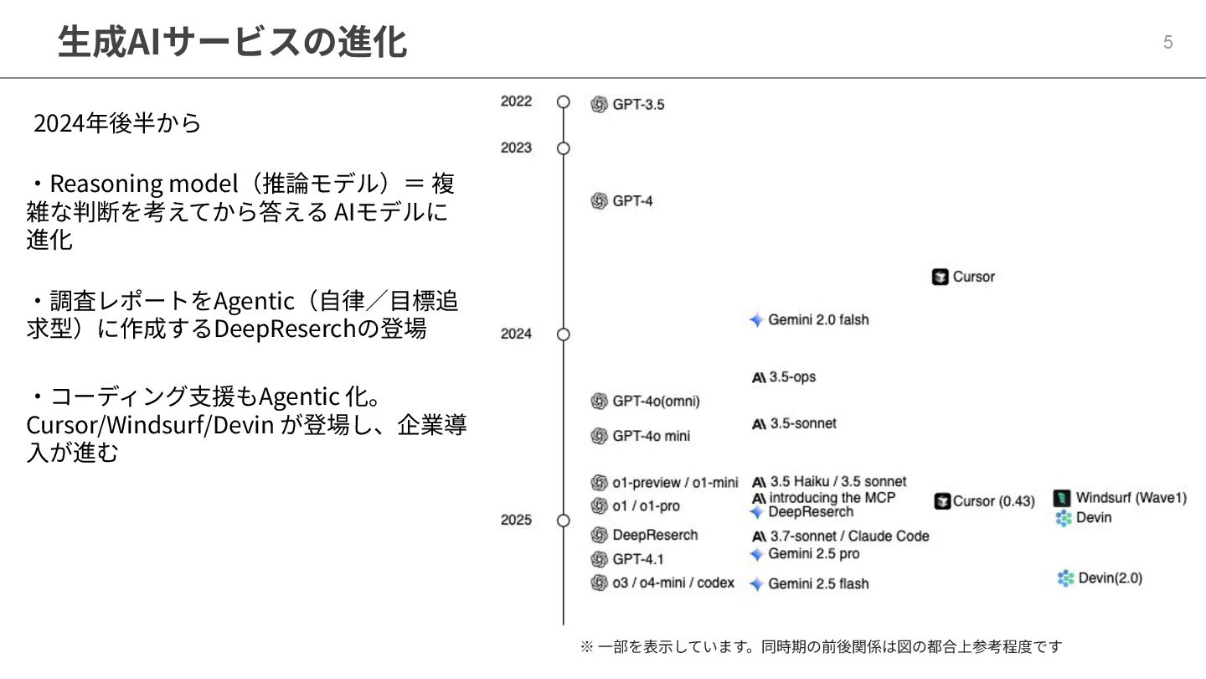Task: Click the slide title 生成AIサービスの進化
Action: click(x=232, y=42)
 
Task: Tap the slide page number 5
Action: click(x=1167, y=43)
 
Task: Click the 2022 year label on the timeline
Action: click(x=516, y=101)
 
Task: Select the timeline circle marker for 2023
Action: click(x=564, y=148)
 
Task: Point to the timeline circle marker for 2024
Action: click(x=564, y=334)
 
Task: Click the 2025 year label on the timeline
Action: click(x=516, y=520)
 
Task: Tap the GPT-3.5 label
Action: click(x=638, y=105)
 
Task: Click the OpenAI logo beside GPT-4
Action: click(x=599, y=201)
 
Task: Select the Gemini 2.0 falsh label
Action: click(x=818, y=320)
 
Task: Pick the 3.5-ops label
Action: click(x=792, y=377)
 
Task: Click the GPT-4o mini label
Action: click(x=652, y=436)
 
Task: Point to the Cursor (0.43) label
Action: click(x=994, y=501)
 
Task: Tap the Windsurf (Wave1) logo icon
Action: click(x=1062, y=498)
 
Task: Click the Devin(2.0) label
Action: click(x=1110, y=578)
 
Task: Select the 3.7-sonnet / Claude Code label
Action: click(x=849, y=536)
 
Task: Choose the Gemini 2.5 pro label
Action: click(x=813, y=554)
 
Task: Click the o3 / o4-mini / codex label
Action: click(x=673, y=583)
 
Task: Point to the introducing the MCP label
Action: click(x=832, y=498)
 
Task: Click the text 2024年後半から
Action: click(x=117, y=124)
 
